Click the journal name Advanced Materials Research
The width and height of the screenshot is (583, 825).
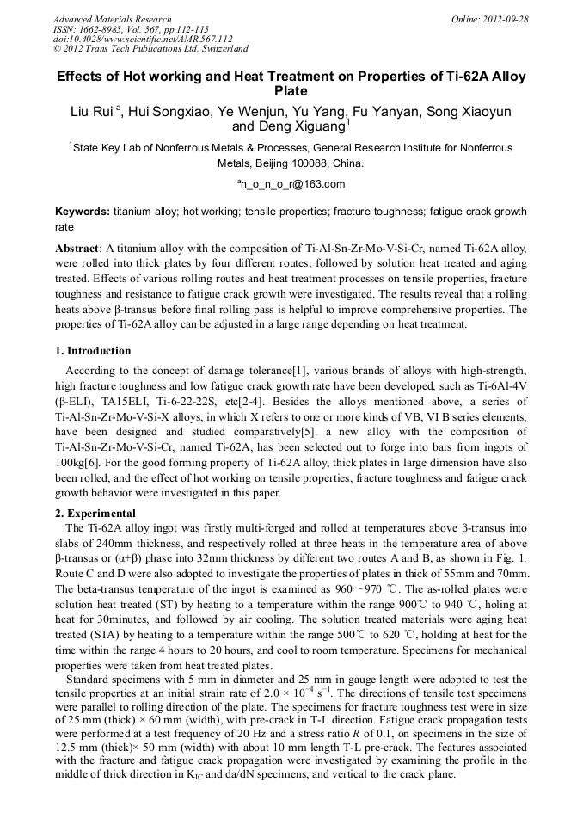[112, 19]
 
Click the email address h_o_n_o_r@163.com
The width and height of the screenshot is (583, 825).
[291, 183]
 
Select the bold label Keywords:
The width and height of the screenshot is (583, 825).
[83, 212]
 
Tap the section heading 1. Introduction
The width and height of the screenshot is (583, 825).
[93, 351]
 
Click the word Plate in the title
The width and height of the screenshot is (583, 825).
[291, 90]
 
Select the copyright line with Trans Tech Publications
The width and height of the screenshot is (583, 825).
[151, 49]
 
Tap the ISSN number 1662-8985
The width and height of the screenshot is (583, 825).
[101, 29]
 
